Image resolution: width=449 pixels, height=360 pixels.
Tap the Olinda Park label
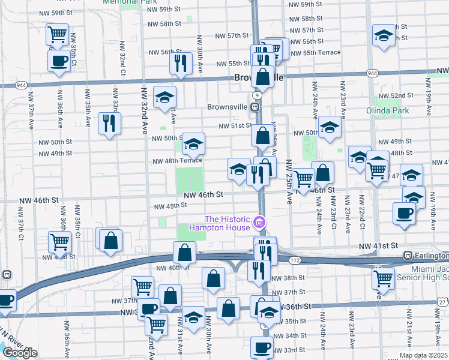point(387,110)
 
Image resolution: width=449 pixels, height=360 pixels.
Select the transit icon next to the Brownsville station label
point(255,107)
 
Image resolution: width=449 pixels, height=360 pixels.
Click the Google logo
point(20,353)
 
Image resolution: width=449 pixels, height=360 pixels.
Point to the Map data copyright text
point(423,355)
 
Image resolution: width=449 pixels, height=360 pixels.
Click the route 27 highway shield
point(442,302)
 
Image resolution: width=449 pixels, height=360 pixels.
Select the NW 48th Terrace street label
point(177,161)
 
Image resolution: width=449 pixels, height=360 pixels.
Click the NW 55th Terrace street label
point(315,52)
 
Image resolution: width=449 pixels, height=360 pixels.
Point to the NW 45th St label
point(171,206)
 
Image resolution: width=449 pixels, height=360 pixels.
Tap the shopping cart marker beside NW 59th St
point(58,34)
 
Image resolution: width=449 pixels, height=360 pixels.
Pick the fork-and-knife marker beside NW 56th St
point(181,62)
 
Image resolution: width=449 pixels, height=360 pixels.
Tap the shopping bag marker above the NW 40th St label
point(184,252)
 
